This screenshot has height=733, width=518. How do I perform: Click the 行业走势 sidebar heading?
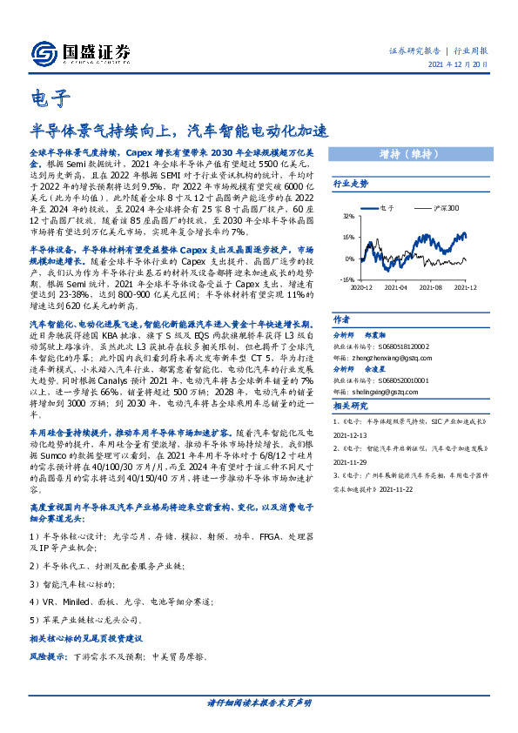point(351,185)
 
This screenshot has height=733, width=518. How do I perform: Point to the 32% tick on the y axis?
point(346,215)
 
